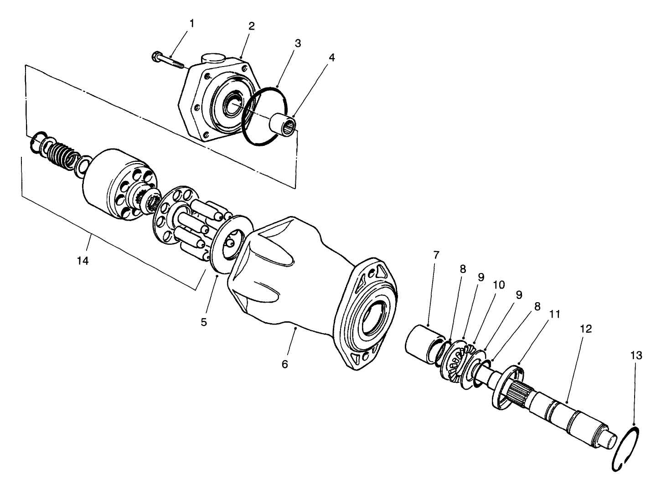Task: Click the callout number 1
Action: (x=191, y=23)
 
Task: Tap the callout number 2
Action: (x=251, y=26)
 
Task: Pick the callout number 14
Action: (x=83, y=261)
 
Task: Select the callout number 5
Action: (x=204, y=322)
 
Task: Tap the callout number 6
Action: (x=285, y=365)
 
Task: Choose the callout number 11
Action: (x=554, y=314)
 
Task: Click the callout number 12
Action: (x=585, y=329)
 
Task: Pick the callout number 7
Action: (x=436, y=255)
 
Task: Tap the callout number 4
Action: (x=331, y=58)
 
